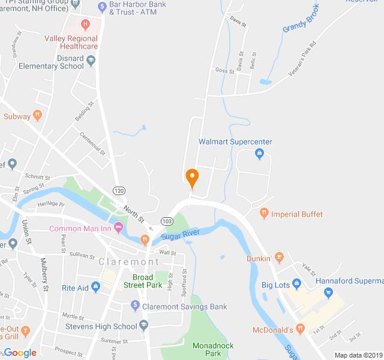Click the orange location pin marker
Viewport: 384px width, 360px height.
tap(192, 178)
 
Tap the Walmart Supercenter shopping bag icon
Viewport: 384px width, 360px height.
tap(259, 154)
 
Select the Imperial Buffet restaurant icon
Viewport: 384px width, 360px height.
tap(264, 214)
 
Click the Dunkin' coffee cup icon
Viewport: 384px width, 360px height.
tap(279, 258)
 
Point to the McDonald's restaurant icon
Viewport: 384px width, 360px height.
tap(301, 329)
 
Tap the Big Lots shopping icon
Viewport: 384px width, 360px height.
tap(296, 283)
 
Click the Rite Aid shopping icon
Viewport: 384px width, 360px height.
tap(96, 287)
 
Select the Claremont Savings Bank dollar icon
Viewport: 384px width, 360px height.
tap(136, 306)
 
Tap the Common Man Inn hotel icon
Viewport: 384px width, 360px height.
tap(118, 228)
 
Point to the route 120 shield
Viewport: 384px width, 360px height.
tap(119, 191)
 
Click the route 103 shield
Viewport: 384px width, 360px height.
tap(167, 221)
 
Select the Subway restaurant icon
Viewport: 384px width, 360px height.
tap(37, 116)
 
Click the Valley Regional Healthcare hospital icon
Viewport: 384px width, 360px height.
tap(85, 25)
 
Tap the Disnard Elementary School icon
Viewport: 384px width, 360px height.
tap(91, 60)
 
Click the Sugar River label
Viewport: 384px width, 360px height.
tap(180, 235)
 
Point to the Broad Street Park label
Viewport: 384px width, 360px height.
tap(147, 281)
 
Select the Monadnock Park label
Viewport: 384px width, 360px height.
tap(213, 349)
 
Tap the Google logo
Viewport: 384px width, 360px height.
tap(20, 353)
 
